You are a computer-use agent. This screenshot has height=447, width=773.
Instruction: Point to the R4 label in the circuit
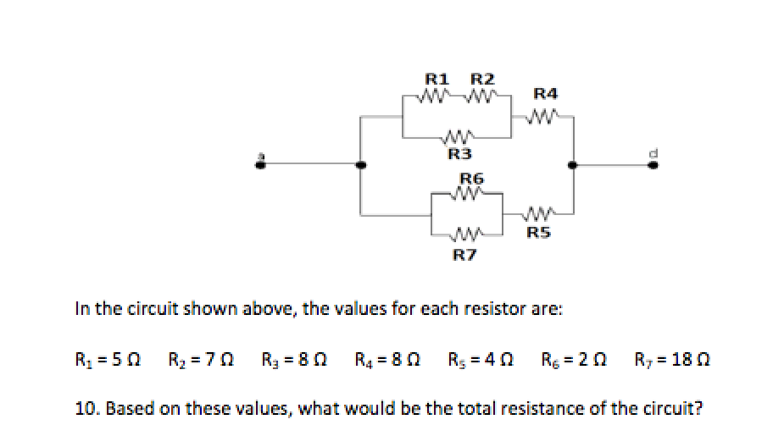545,92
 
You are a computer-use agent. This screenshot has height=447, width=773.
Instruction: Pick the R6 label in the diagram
470,179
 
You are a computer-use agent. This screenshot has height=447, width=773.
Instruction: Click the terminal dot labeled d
651,165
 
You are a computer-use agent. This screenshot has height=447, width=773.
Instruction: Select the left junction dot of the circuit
362,165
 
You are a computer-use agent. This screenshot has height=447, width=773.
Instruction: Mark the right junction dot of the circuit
574,165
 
